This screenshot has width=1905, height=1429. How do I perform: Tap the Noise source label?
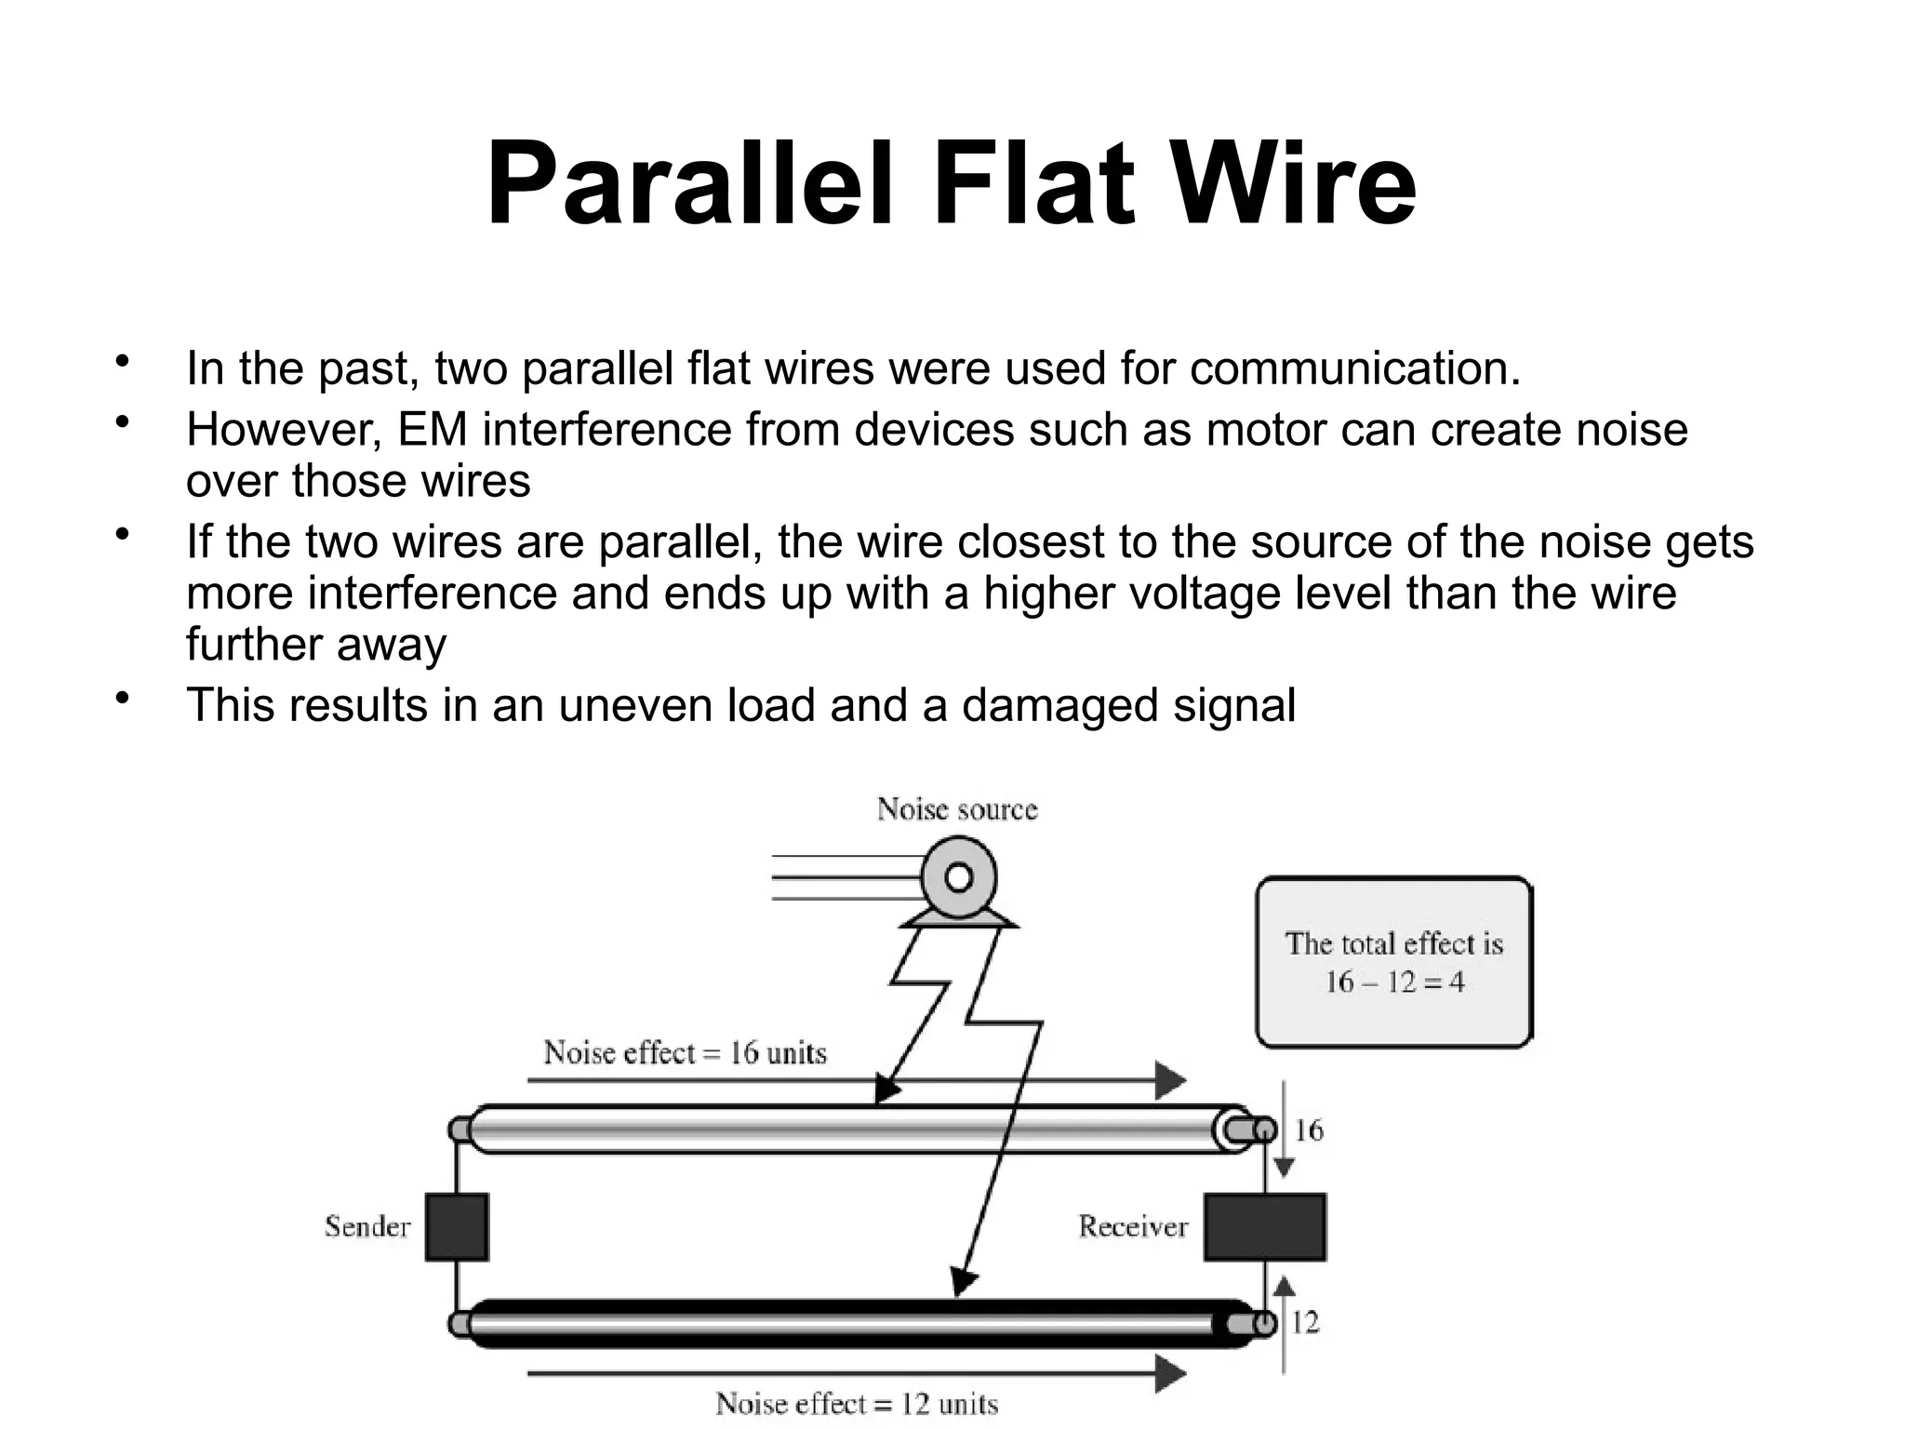956,809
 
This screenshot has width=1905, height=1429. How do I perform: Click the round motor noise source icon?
959,878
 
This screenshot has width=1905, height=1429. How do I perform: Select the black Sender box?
457,1227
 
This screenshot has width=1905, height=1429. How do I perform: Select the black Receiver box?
1264,1227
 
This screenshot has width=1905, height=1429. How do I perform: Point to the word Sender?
367,1226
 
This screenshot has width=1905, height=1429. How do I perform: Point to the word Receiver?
1133,1226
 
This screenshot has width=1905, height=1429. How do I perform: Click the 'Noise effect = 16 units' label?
685,1053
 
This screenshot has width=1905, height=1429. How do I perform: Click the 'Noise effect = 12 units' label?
856,1403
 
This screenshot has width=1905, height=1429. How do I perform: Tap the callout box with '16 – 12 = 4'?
1393,963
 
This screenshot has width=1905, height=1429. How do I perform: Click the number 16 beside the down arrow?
1309,1130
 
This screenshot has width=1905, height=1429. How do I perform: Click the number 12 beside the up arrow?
1305,1322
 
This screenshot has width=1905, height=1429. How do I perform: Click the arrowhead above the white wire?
1170,1080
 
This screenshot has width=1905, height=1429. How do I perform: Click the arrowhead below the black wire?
1170,1372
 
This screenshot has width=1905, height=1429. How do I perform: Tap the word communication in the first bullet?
1353,368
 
